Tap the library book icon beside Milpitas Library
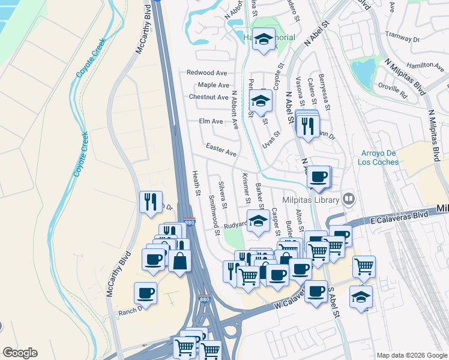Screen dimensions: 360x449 tap(349, 199)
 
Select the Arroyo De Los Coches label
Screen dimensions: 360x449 tap(380, 157)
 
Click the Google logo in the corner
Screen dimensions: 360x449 tap(20, 353)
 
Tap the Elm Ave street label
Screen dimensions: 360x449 tap(211, 121)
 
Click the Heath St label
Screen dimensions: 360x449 tap(196, 182)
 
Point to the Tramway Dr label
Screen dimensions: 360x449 tap(401, 35)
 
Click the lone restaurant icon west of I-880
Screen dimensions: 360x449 tap(149, 202)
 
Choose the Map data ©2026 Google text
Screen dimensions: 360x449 tap(412, 355)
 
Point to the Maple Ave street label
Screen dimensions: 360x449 tap(214, 85)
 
